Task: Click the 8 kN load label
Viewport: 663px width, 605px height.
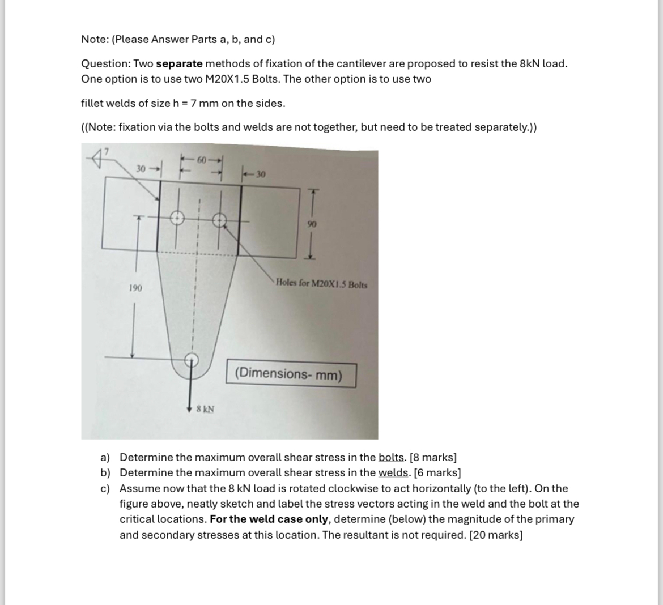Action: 205,408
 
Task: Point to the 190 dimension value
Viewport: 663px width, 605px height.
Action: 135,288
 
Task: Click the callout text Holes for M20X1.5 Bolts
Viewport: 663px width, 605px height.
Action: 321,284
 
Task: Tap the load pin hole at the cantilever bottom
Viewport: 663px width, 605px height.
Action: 192,359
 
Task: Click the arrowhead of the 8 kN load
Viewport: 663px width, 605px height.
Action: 191,408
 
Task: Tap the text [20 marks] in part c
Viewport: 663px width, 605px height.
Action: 496,535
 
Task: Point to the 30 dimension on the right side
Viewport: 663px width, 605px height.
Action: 260,174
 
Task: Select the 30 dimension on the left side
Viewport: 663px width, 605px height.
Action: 141,168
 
